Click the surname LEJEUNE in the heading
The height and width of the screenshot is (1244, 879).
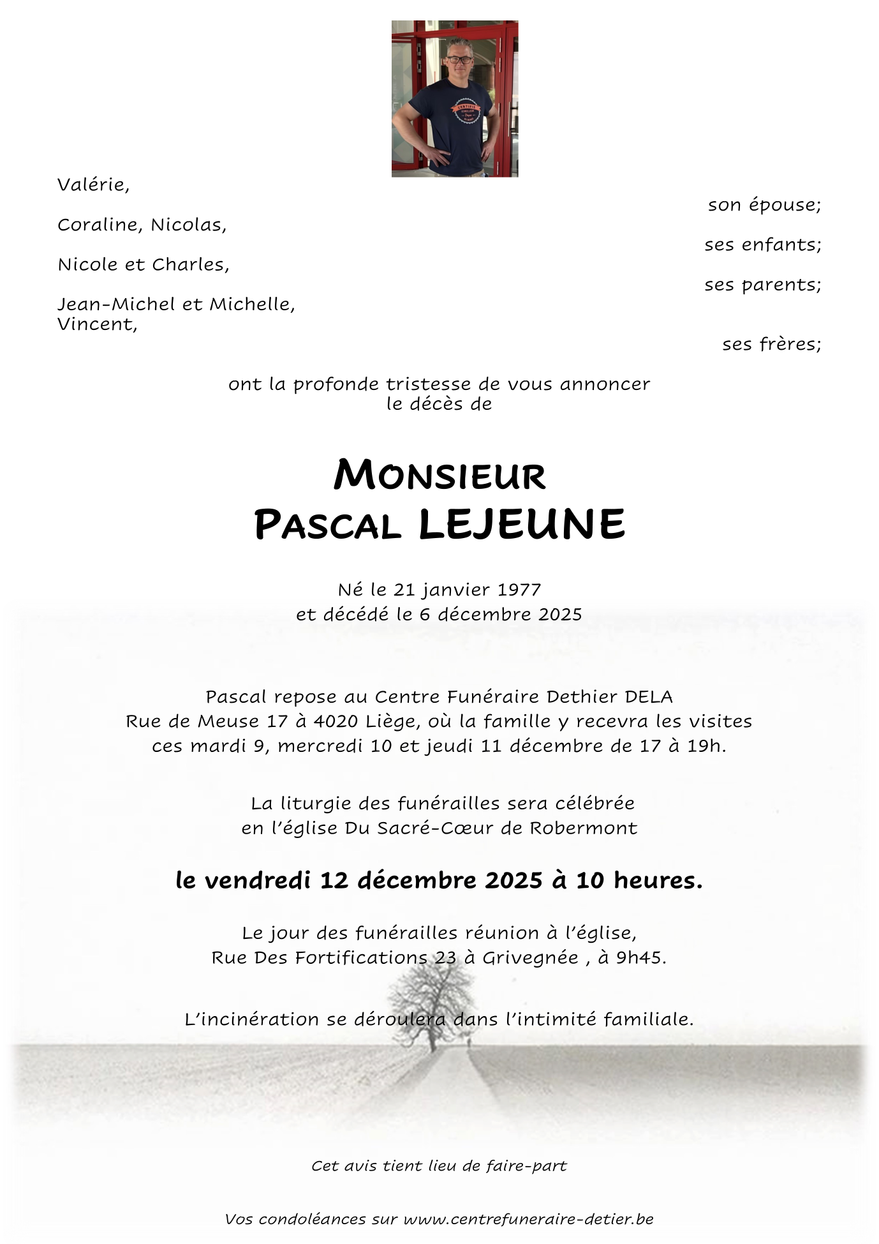(x=522, y=525)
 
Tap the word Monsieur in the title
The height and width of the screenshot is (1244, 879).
(x=440, y=476)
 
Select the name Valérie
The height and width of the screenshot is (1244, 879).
(x=93, y=185)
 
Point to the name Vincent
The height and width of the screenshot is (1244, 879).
(x=97, y=324)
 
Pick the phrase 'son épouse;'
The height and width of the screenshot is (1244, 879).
(x=764, y=205)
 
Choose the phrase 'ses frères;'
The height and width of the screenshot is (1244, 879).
(x=771, y=344)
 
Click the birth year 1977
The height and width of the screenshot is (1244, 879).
(x=519, y=589)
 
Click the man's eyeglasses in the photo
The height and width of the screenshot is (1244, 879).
(x=459, y=60)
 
